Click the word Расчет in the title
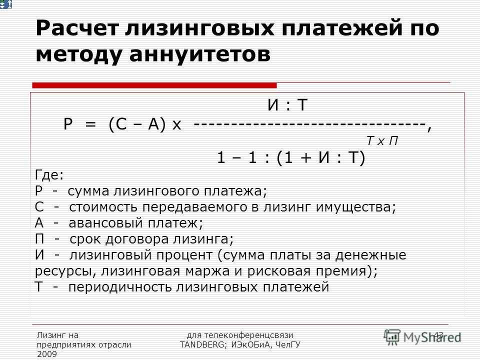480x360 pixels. coord(76,28)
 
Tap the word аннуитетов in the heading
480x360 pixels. coord(200,54)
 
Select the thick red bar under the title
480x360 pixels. coord(154,85)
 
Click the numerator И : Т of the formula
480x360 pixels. coord(287,104)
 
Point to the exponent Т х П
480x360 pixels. coord(382,141)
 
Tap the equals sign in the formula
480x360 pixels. coord(90,124)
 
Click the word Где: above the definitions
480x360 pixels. coord(49,175)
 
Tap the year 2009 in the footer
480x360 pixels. coord(47,354)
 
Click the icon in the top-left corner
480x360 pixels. coord(6,4)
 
